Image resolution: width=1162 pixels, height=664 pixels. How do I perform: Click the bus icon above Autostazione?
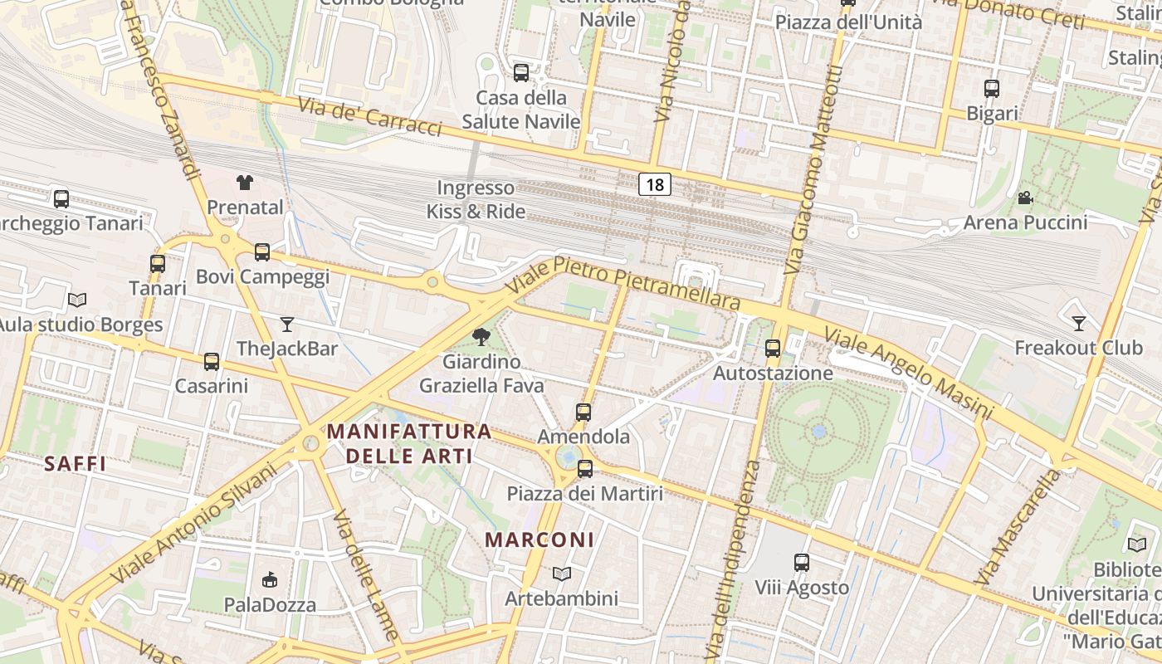(773, 349)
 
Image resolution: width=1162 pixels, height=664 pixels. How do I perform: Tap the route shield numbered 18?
(655, 184)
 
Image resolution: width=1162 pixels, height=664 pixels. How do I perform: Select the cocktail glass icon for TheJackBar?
(287, 324)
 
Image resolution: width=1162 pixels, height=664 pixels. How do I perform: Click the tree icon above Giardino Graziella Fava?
(481, 336)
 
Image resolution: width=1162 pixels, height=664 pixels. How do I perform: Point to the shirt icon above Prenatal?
(244, 182)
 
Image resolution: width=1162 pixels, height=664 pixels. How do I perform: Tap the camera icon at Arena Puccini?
(1025, 198)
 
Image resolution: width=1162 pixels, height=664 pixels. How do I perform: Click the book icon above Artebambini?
(562, 574)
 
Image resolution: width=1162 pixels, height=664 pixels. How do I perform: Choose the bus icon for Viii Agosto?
(802, 563)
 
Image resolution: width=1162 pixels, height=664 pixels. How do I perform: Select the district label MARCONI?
(539, 539)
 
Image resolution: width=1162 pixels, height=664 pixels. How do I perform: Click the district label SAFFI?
(75, 464)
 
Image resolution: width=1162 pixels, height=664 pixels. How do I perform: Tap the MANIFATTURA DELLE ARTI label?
(409, 443)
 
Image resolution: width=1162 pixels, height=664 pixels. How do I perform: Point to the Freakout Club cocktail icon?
(1079, 323)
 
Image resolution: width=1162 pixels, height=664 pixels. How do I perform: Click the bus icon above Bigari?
(992, 89)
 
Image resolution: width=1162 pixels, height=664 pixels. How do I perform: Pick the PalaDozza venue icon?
(269, 579)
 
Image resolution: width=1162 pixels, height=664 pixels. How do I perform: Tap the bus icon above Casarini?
(212, 362)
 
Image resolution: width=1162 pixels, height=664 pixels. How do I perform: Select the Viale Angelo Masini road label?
(908, 373)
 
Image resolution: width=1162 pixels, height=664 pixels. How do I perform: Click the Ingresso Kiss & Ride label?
(476, 200)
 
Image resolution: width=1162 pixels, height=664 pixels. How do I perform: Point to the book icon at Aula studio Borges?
(77, 300)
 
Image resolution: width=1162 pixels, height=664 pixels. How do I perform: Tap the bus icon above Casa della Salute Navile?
(521, 73)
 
